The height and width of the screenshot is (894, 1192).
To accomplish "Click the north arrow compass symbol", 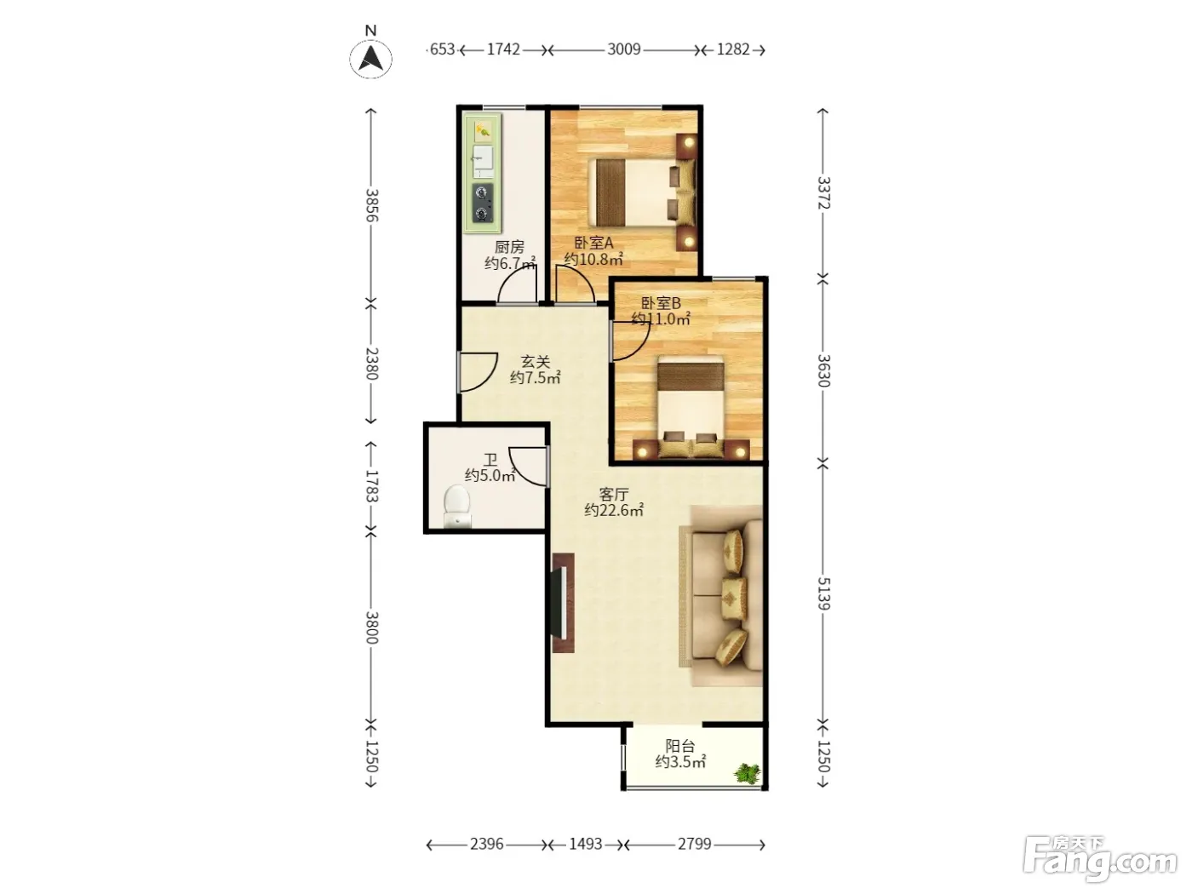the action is pyautogui.click(x=370, y=59).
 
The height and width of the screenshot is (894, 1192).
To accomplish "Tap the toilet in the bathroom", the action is pyautogui.click(x=456, y=506).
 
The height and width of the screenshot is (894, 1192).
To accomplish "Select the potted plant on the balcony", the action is pyautogui.click(x=748, y=773).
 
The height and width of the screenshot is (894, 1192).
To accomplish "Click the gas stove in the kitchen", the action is pyautogui.click(x=482, y=203).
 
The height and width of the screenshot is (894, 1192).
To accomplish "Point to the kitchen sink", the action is pyautogui.click(x=483, y=161).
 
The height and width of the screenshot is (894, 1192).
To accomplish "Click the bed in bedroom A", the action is pyautogui.click(x=641, y=192).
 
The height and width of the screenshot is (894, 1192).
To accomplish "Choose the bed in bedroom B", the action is pyautogui.click(x=691, y=405).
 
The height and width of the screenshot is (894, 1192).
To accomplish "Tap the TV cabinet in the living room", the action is pyautogui.click(x=563, y=603).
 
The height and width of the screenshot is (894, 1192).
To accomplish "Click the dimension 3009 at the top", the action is pyautogui.click(x=624, y=49).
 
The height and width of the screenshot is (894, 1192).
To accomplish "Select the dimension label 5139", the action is pyautogui.click(x=824, y=593).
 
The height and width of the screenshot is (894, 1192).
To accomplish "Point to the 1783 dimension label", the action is pyautogui.click(x=371, y=486).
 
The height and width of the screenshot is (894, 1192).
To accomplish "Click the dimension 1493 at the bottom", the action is pyautogui.click(x=586, y=844).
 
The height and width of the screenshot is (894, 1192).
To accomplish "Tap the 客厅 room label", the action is pyautogui.click(x=614, y=495).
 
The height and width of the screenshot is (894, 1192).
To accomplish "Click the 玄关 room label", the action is pyautogui.click(x=536, y=362).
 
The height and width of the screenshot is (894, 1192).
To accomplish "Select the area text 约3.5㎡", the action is pyautogui.click(x=680, y=762).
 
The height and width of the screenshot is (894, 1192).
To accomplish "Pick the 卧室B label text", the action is pyautogui.click(x=661, y=302).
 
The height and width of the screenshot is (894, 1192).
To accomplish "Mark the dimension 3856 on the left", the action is pyautogui.click(x=371, y=205).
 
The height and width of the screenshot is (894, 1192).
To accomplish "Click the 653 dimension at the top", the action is pyautogui.click(x=442, y=49).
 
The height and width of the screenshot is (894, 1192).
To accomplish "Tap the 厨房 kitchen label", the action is pyautogui.click(x=509, y=247).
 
